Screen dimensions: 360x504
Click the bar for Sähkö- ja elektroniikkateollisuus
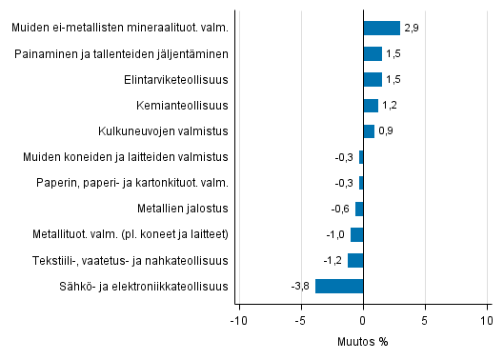click(339, 286)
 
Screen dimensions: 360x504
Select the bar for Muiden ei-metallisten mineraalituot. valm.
click(381, 28)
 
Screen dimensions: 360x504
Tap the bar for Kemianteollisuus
click(371, 105)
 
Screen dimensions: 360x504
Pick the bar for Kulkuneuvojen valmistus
click(369, 130)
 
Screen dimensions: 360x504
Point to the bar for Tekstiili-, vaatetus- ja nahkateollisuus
click(355, 260)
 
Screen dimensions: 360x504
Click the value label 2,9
click(412, 29)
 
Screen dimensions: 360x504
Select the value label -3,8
click(301, 286)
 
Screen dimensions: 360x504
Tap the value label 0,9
click(387, 131)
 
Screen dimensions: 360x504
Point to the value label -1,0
click(336, 234)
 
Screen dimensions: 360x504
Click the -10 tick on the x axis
click(238, 320)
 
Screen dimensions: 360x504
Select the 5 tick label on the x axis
click(425, 320)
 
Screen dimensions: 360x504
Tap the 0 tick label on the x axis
click(363, 320)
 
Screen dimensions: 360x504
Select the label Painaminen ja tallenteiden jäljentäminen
click(122, 54)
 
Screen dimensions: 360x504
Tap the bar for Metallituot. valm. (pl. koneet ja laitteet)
click(356, 234)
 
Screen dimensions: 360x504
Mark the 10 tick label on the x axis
click(487, 320)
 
